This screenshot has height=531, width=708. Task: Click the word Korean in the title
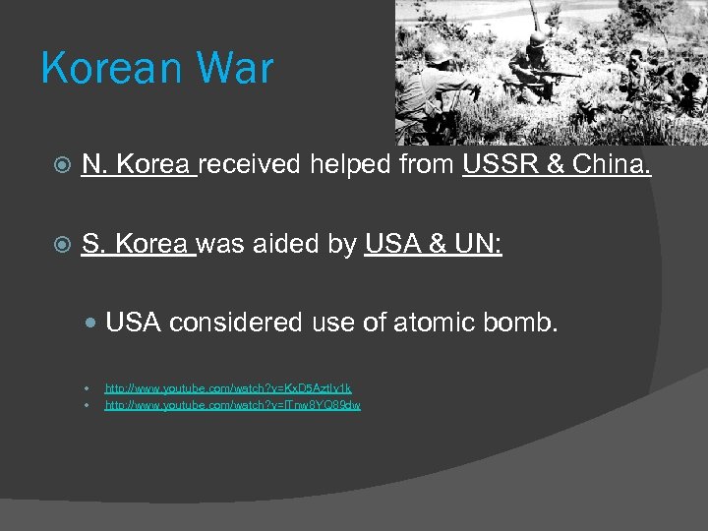click(x=105, y=70)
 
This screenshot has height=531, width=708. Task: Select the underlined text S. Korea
click(x=139, y=244)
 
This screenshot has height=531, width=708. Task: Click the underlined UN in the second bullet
click(x=480, y=244)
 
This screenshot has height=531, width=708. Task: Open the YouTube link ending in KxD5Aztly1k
click(x=228, y=389)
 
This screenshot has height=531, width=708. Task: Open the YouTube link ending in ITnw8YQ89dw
click(x=233, y=405)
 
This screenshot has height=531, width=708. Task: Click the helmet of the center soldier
click(x=538, y=38)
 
